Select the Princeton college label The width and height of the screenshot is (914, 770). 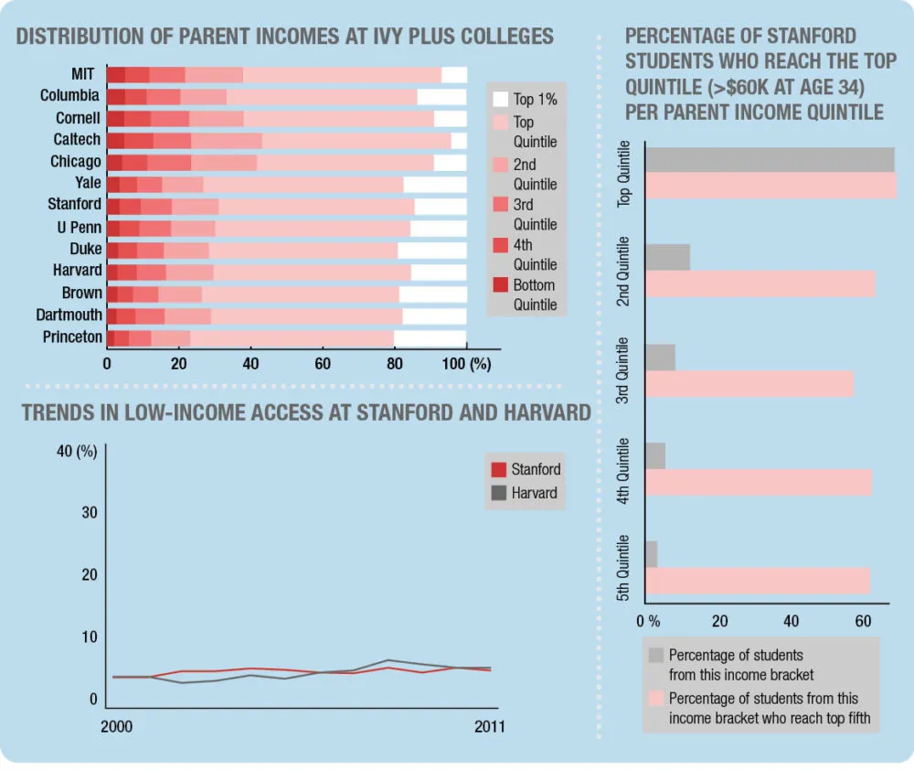[x=72, y=337]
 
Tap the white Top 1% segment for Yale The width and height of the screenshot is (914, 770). [x=435, y=185]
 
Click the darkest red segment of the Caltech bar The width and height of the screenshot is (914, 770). [x=115, y=140]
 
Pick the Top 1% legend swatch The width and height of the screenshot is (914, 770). [x=500, y=100]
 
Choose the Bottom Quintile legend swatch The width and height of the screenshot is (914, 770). [x=500, y=285]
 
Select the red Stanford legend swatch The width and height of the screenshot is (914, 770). [x=499, y=470]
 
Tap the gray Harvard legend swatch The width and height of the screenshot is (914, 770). [x=499, y=494]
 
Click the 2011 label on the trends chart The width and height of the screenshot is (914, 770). [x=489, y=727]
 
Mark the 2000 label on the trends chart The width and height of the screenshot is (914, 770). [x=116, y=727]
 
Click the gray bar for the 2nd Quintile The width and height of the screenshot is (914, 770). [x=667, y=257]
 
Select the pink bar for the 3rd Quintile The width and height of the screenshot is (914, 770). [x=749, y=384]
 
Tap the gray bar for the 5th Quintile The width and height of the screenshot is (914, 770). [x=651, y=554]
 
